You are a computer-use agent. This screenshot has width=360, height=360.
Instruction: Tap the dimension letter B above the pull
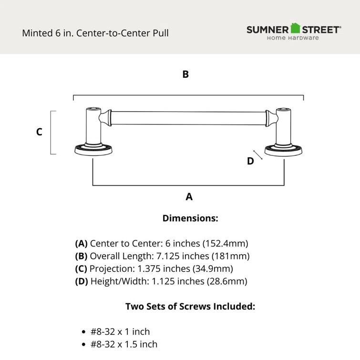185,74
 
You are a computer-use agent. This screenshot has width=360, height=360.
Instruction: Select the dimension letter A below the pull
189,196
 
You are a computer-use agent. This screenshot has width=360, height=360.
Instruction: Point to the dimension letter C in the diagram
40,132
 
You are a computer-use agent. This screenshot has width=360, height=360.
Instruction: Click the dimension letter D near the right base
250,161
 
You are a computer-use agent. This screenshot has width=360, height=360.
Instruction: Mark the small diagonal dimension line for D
258,155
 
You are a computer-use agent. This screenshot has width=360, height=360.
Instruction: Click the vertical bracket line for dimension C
51,133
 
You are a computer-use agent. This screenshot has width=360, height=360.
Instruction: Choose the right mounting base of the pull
284,150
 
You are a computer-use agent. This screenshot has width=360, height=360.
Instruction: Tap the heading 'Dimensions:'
190,218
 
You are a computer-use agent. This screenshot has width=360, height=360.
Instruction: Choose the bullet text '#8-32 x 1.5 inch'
124,344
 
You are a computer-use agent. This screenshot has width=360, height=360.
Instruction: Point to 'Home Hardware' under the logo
293,38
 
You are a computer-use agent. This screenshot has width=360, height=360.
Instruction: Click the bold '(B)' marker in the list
81,256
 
